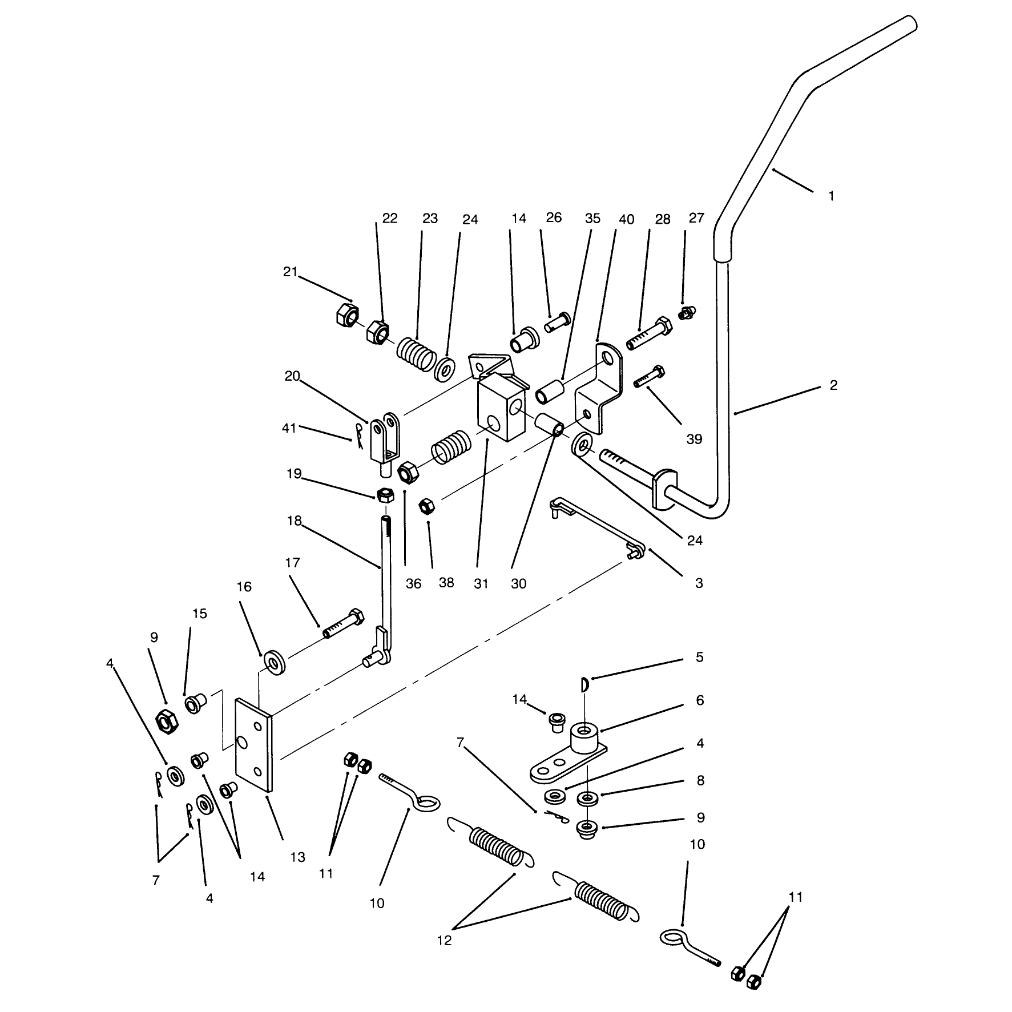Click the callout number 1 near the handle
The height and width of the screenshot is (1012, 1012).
[x=832, y=196]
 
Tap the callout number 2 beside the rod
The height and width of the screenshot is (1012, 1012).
[x=833, y=385]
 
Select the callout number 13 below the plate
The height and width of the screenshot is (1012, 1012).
[x=298, y=873]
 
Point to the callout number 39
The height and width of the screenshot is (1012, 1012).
[x=694, y=440]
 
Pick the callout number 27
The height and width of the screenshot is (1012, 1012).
[x=697, y=218]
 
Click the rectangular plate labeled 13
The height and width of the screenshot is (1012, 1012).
[x=255, y=744]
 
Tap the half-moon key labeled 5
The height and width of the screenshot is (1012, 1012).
[x=584, y=684]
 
